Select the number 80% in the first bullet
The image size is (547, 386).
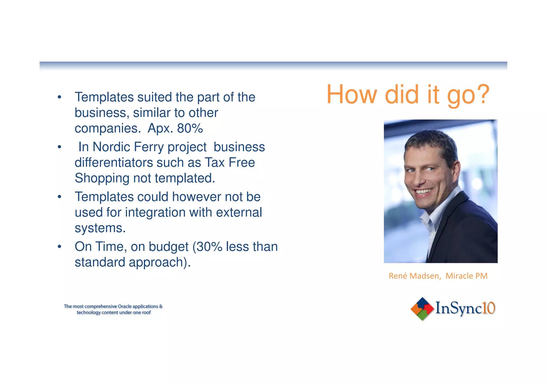[190, 128]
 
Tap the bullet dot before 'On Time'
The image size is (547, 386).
[60, 246]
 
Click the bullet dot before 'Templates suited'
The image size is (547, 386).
[60, 97]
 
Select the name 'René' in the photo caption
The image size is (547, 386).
[398, 276]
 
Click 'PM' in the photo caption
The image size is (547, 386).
[481, 276]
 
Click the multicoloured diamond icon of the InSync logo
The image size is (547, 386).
[422, 309]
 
